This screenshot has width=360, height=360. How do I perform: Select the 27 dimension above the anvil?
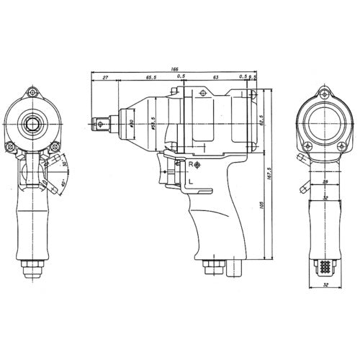click(x=106, y=76)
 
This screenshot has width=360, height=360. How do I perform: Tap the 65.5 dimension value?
click(x=150, y=76)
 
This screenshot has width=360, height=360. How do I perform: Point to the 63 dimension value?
click(x=215, y=76)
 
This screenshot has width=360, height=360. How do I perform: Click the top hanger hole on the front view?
click(x=32, y=92)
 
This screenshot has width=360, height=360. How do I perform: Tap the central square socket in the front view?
click(x=32, y=123)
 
